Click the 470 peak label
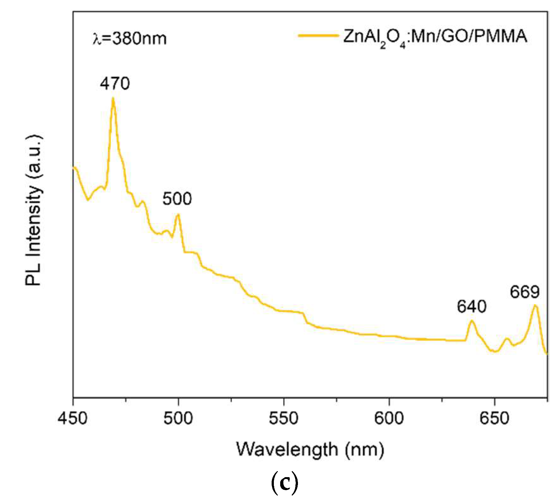coord(115,84)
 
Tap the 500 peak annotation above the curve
coord(177,199)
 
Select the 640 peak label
coord(471,307)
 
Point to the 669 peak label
coord(524,292)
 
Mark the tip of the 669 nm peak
coord(535,306)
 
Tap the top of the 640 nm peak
coord(472,321)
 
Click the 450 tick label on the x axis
coord(72,418)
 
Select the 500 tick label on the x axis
coord(178,418)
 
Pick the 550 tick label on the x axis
coord(283,418)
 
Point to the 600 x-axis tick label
coord(389,418)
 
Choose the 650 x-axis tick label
coord(494,418)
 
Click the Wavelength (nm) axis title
coord(310,450)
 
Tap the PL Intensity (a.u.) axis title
coord(34,211)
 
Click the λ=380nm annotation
coord(129,39)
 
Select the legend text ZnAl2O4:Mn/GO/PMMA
coord(435,37)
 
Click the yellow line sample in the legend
coord(318,36)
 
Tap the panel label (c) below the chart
coord(284,483)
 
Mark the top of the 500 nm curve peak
coord(178,215)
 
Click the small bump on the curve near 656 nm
coord(507,339)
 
